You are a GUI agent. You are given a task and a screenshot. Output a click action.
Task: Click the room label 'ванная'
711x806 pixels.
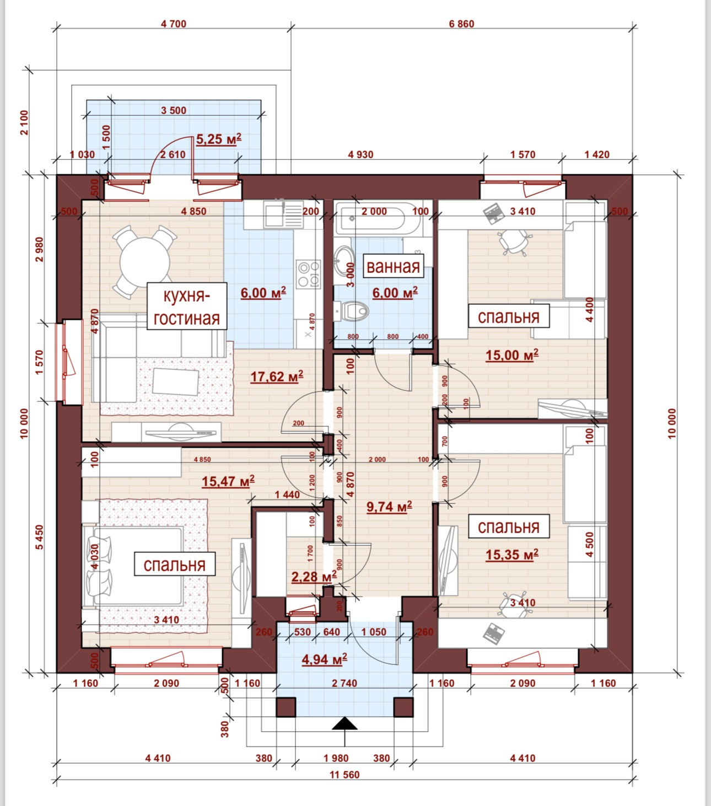click(393, 266)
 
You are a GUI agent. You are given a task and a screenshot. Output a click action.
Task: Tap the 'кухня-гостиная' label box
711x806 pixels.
click(187, 307)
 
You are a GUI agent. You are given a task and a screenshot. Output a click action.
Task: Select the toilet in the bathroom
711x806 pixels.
click(352, 310)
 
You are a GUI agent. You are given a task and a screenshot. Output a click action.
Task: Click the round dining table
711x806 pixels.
click(144, 261)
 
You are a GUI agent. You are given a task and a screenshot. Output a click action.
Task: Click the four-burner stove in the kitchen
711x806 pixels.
click(308, 274)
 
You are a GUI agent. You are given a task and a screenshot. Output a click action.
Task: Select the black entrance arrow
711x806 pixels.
click(344, 723)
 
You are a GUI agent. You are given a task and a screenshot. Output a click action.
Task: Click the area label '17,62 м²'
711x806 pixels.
click(277, 377)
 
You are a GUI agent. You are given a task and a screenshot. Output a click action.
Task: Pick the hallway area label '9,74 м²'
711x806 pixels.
click(389, 507)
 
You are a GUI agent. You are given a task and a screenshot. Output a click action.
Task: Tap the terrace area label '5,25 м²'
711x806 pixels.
click(219, 139)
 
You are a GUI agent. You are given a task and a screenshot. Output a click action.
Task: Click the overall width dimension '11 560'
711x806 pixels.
click(344, 775)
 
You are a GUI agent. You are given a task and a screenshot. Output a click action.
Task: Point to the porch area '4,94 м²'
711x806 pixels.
click(324, 659)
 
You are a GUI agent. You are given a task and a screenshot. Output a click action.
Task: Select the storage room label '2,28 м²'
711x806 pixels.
click(314, 577)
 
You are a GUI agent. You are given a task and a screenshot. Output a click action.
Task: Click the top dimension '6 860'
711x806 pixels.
click(461, 24)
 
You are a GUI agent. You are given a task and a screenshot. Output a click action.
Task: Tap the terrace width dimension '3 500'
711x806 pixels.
click(174, 110)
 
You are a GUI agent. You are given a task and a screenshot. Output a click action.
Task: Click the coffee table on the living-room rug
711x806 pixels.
click(175, 381)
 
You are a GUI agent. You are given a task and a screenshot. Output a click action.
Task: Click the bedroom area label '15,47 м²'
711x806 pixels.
click(228, 482)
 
